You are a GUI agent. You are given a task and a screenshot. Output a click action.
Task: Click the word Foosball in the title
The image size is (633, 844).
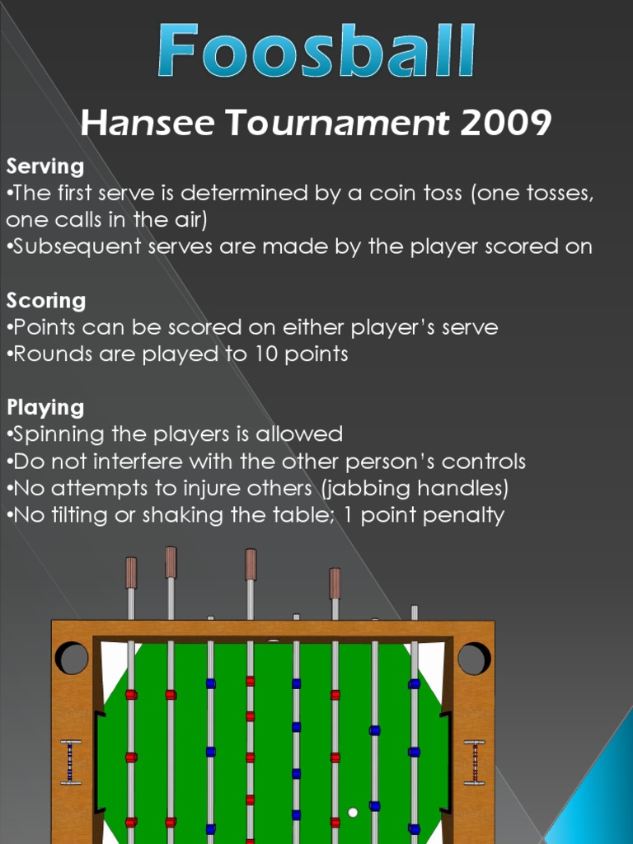click(x=317, y=52)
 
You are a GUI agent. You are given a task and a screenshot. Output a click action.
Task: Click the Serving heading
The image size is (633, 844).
click(x=45, y=166)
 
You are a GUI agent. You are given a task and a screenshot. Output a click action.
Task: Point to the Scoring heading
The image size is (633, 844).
click(x=46, y=300)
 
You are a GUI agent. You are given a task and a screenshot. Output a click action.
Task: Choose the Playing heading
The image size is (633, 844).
click(x=45, y=407)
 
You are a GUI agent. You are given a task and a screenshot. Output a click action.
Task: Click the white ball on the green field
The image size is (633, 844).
click(x=353, y=812)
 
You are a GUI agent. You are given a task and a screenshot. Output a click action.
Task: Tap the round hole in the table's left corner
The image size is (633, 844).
click(x=72, y=659)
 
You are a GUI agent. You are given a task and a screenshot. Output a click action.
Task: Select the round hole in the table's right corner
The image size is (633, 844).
click(x=474, y=659)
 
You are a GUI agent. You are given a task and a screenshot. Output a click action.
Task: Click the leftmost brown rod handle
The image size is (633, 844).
click(x=131, y=574)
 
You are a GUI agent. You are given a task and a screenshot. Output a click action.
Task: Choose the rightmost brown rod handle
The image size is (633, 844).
click(x=335, y=583)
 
